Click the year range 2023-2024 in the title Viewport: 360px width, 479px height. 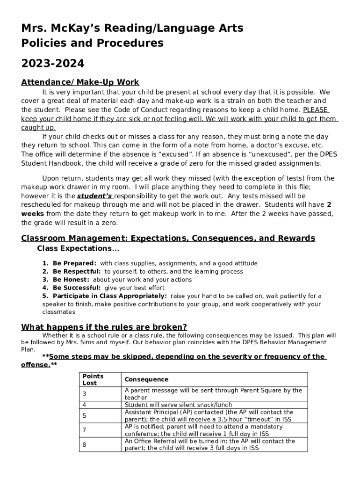(53, 63)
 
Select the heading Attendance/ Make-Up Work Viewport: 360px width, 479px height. (80, 82)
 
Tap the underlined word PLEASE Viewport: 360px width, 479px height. (316, 110)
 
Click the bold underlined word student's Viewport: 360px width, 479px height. (95, 196)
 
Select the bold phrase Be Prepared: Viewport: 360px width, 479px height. (74, 263)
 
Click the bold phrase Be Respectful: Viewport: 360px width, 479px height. (76, 271)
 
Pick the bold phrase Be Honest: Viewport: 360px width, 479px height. (70, 280)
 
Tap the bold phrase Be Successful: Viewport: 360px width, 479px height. (76, 288)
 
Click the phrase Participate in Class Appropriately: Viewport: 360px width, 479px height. (109, 296)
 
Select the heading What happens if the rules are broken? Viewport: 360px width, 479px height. (104, 327)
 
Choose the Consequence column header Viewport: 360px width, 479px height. (146, 379)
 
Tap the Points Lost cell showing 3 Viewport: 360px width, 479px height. (84, 394)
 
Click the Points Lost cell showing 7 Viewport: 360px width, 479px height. (84, 430)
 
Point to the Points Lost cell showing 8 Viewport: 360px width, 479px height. (84, 444)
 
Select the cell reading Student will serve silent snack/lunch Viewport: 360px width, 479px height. (178, 405)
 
